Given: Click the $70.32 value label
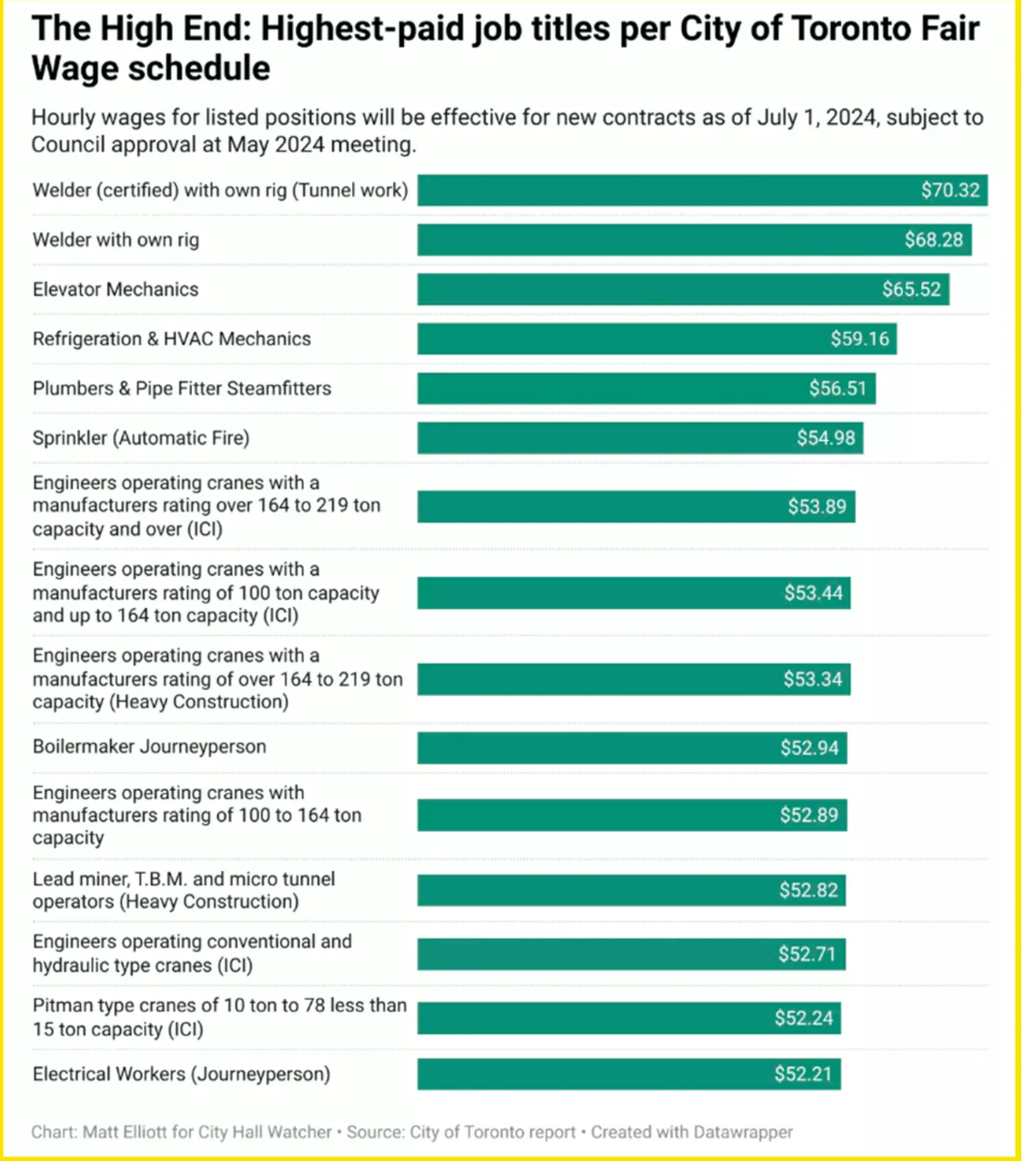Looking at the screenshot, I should [x=949, y=190].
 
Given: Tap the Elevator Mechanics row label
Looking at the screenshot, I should [x=115, y=289].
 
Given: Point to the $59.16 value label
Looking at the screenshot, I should [x=859, y=339].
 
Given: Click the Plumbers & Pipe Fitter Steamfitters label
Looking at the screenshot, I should [x=182, y=388].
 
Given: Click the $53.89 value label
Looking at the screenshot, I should [x=817, y=506].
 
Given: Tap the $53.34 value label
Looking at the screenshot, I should [x=812, y=679].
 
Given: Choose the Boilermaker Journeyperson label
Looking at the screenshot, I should [x=149, y=746].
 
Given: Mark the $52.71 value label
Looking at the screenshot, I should [x=807, y=954].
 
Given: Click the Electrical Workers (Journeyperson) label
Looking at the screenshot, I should [x=181, y=1074].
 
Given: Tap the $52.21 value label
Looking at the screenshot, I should [x=803, y=1074].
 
